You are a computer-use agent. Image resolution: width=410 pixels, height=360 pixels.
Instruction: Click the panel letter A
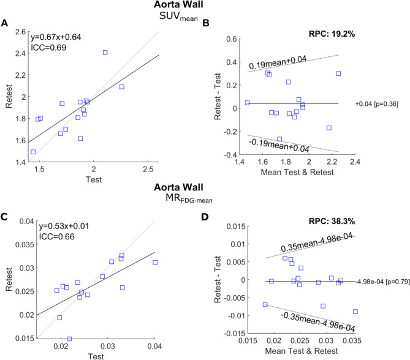coord(5,24)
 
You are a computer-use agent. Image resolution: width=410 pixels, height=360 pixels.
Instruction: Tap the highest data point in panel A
coord(105,53)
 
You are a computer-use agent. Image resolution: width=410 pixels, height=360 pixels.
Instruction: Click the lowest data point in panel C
coord(69,339)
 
